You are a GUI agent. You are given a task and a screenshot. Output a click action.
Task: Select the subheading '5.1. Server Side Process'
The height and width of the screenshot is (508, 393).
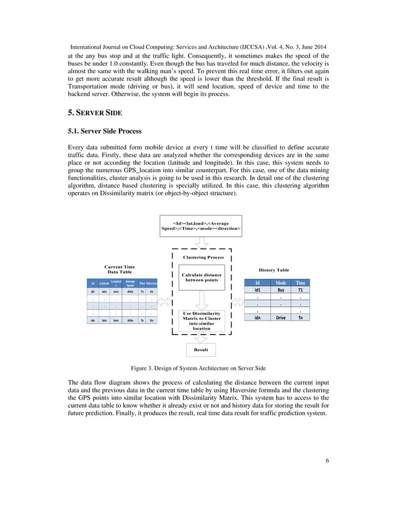click(104, 131)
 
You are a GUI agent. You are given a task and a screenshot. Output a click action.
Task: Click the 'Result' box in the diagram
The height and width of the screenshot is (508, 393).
click(201, 349)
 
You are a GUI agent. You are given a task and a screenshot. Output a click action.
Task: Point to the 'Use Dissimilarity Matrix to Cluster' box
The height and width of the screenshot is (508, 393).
click(201, 320)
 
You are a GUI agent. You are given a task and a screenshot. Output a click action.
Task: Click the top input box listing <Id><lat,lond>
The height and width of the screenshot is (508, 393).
click(201, 225)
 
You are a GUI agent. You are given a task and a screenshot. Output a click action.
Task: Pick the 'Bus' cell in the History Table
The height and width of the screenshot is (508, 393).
click(280, 290)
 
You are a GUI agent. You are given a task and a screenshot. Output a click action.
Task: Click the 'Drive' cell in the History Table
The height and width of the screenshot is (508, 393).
click(280, 317)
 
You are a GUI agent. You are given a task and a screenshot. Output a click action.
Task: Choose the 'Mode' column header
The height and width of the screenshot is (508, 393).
click(280, 282)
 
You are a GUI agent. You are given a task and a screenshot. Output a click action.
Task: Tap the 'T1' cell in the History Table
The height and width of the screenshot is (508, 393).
click(300, 290)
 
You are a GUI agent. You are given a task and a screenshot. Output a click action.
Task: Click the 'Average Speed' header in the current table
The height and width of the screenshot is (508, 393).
click(130, 283)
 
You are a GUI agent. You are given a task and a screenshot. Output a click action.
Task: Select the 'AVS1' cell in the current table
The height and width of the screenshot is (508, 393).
click(130, 291)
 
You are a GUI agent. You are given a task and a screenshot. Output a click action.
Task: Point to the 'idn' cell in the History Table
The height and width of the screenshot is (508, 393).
click(257, 317)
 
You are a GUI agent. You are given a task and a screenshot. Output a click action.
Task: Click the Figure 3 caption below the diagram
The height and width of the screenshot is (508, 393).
click(198, 368)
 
